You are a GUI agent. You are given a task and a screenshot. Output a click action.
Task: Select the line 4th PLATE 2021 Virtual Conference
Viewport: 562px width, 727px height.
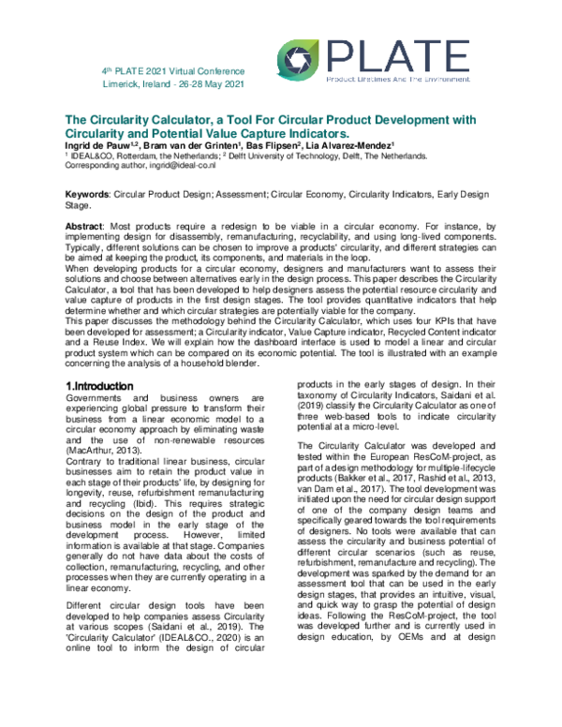coord(173,71)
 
